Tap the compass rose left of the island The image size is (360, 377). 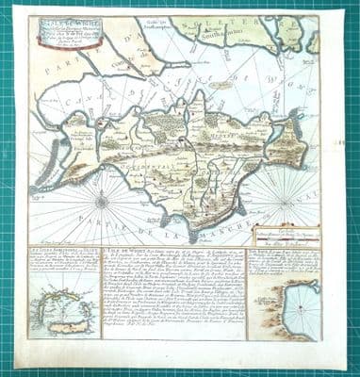tap(101, 200)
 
